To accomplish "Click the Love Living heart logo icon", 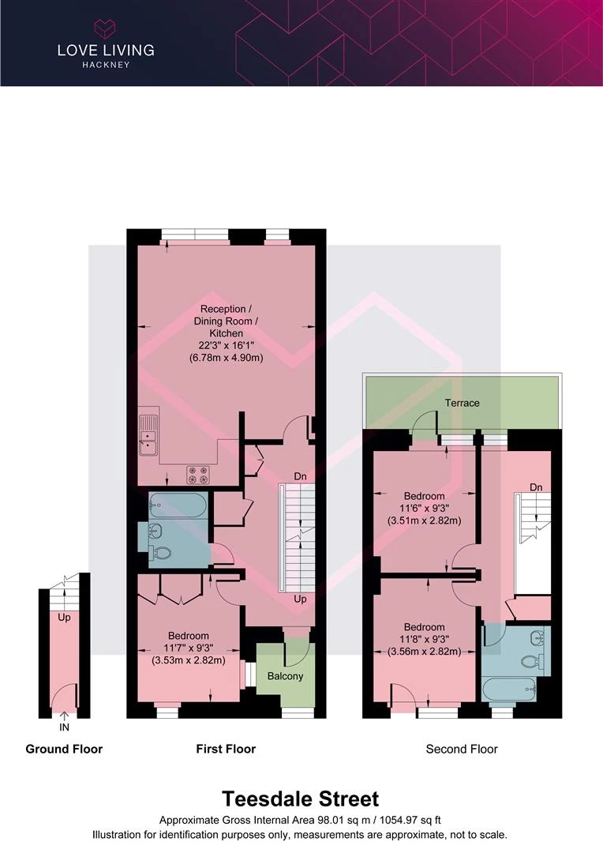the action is point(106,28).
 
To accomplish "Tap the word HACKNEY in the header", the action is point(106,65).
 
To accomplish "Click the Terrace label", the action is point(463,403).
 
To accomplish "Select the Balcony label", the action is point(285,676).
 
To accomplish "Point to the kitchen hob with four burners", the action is point(198,475).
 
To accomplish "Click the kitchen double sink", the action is point(148,434).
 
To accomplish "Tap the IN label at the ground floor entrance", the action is point(64,727).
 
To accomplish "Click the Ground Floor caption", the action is point(64,749).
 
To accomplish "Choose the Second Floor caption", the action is point(462,749).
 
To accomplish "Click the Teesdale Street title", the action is point(301,799).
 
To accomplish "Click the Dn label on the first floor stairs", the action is point(300,476).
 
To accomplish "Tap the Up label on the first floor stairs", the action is point(300,599).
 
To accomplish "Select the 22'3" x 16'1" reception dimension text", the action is point(227,345).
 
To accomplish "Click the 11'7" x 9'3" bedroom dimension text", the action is point(188,648).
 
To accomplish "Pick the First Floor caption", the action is point(226,749).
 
